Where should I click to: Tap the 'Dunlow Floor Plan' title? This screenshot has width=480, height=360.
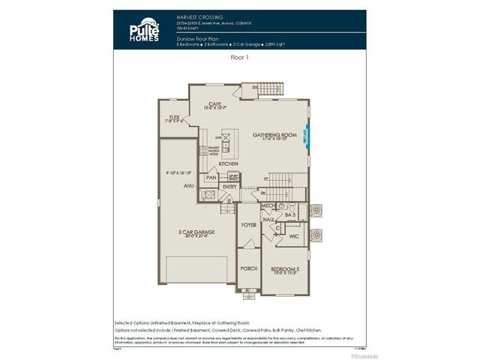click(x=197, y=37)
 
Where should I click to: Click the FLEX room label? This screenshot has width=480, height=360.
click(x=174, y=118)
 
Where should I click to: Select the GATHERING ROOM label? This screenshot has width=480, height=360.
click(x=274, y=135)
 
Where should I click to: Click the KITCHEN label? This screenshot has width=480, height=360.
click(x=228, y=163)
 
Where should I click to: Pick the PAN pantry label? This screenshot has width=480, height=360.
click(x=211, y=178)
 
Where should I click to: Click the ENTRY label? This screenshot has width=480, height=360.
click(x=229, y=187)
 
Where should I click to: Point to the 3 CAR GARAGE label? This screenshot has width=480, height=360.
click(x=196, y=232)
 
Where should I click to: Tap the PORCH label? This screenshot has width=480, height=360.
click(x=248, y=268)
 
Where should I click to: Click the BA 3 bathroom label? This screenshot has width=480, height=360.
click(x=290, y=214)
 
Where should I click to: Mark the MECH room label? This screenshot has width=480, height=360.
click(x=267, y=205)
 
